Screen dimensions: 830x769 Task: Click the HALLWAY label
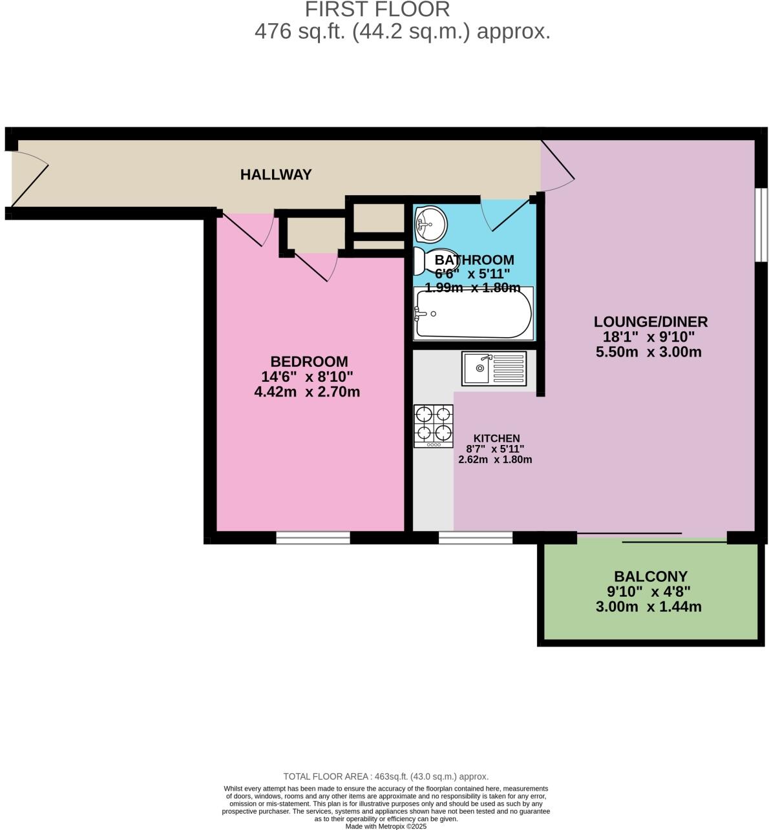coord(276,174)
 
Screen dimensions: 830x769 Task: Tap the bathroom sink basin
coord(430,223)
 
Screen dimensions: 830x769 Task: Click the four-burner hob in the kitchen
coord(433,426)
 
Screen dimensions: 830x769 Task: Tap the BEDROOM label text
coord(309,362)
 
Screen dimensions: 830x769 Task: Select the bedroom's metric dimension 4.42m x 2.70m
coord(307,391)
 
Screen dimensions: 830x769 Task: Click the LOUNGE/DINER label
coord(651,322)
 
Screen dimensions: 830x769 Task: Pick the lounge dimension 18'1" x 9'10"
coord(648,337)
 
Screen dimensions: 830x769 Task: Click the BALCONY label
coord(650,576)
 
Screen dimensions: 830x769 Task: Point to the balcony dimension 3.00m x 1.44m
coord(648,607)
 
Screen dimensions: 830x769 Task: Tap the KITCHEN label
coord(496,438)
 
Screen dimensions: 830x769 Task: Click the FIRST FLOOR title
coord(377,10)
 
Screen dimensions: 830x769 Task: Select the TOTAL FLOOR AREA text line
coord(386,776)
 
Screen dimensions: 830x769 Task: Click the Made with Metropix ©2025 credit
coord(386,825)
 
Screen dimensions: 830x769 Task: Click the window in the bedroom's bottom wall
coord(313,537)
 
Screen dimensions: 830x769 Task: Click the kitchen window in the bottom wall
coord(476,537)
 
